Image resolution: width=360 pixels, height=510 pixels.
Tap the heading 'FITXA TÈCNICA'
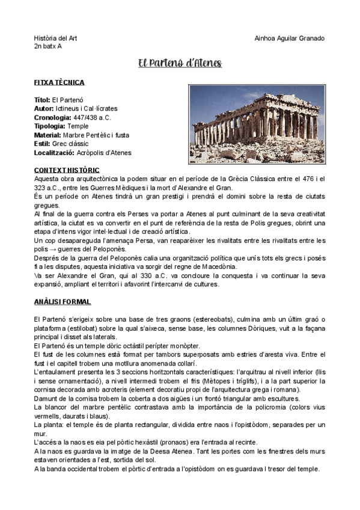[x=59, y=82]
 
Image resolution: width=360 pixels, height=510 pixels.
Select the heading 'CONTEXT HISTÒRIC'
[x=67, y=170]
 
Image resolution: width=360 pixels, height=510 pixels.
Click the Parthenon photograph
[x=257, y=124]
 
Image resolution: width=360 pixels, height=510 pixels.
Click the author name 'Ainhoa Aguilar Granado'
[x=290, y=38]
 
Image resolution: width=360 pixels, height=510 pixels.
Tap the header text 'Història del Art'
[x=55, y=38]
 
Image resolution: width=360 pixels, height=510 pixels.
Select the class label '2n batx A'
[x=48, y=46]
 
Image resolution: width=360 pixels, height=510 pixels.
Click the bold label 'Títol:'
[x=42, y=99]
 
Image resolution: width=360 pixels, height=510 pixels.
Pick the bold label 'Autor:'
[x=44, y=108]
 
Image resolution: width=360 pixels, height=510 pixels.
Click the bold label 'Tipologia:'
[x=50, y=126]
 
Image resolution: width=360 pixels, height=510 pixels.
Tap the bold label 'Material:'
[x=47, y=135]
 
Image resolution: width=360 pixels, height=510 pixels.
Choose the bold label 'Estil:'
[x=42, y=144]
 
